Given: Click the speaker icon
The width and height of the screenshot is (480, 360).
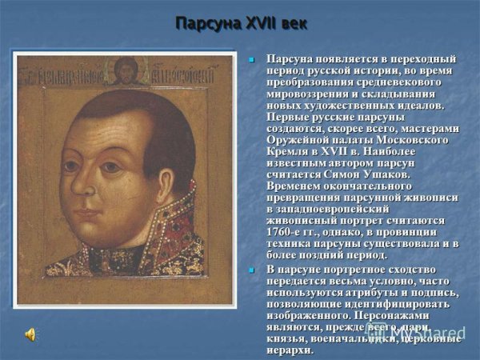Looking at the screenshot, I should click(31, 334).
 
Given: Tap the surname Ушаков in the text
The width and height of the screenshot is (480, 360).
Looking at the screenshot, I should click(365, 174).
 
